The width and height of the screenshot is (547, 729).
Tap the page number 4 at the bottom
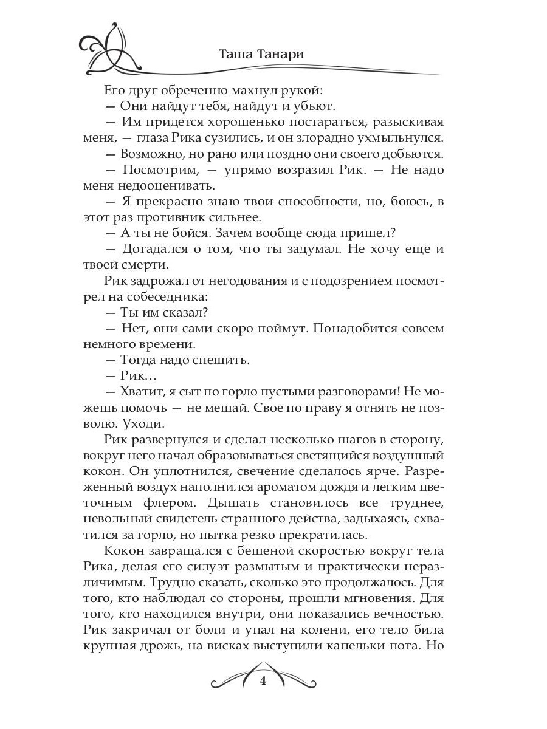[263, 681]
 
